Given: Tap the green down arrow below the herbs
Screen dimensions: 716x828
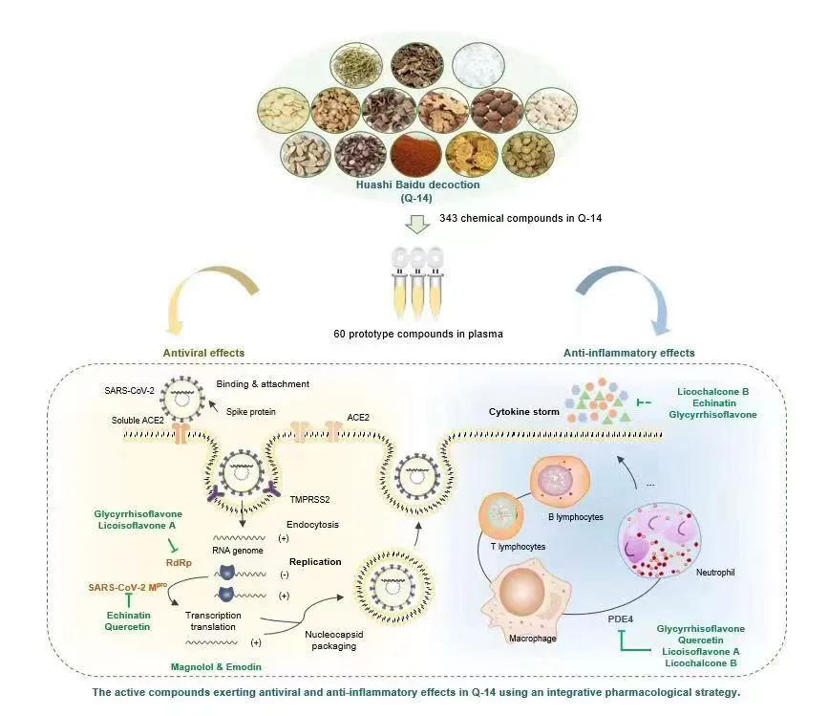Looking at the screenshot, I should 415,225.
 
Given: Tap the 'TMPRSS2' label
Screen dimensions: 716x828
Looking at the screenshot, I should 308,499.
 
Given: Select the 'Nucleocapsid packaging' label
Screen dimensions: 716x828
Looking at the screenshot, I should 332,640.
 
